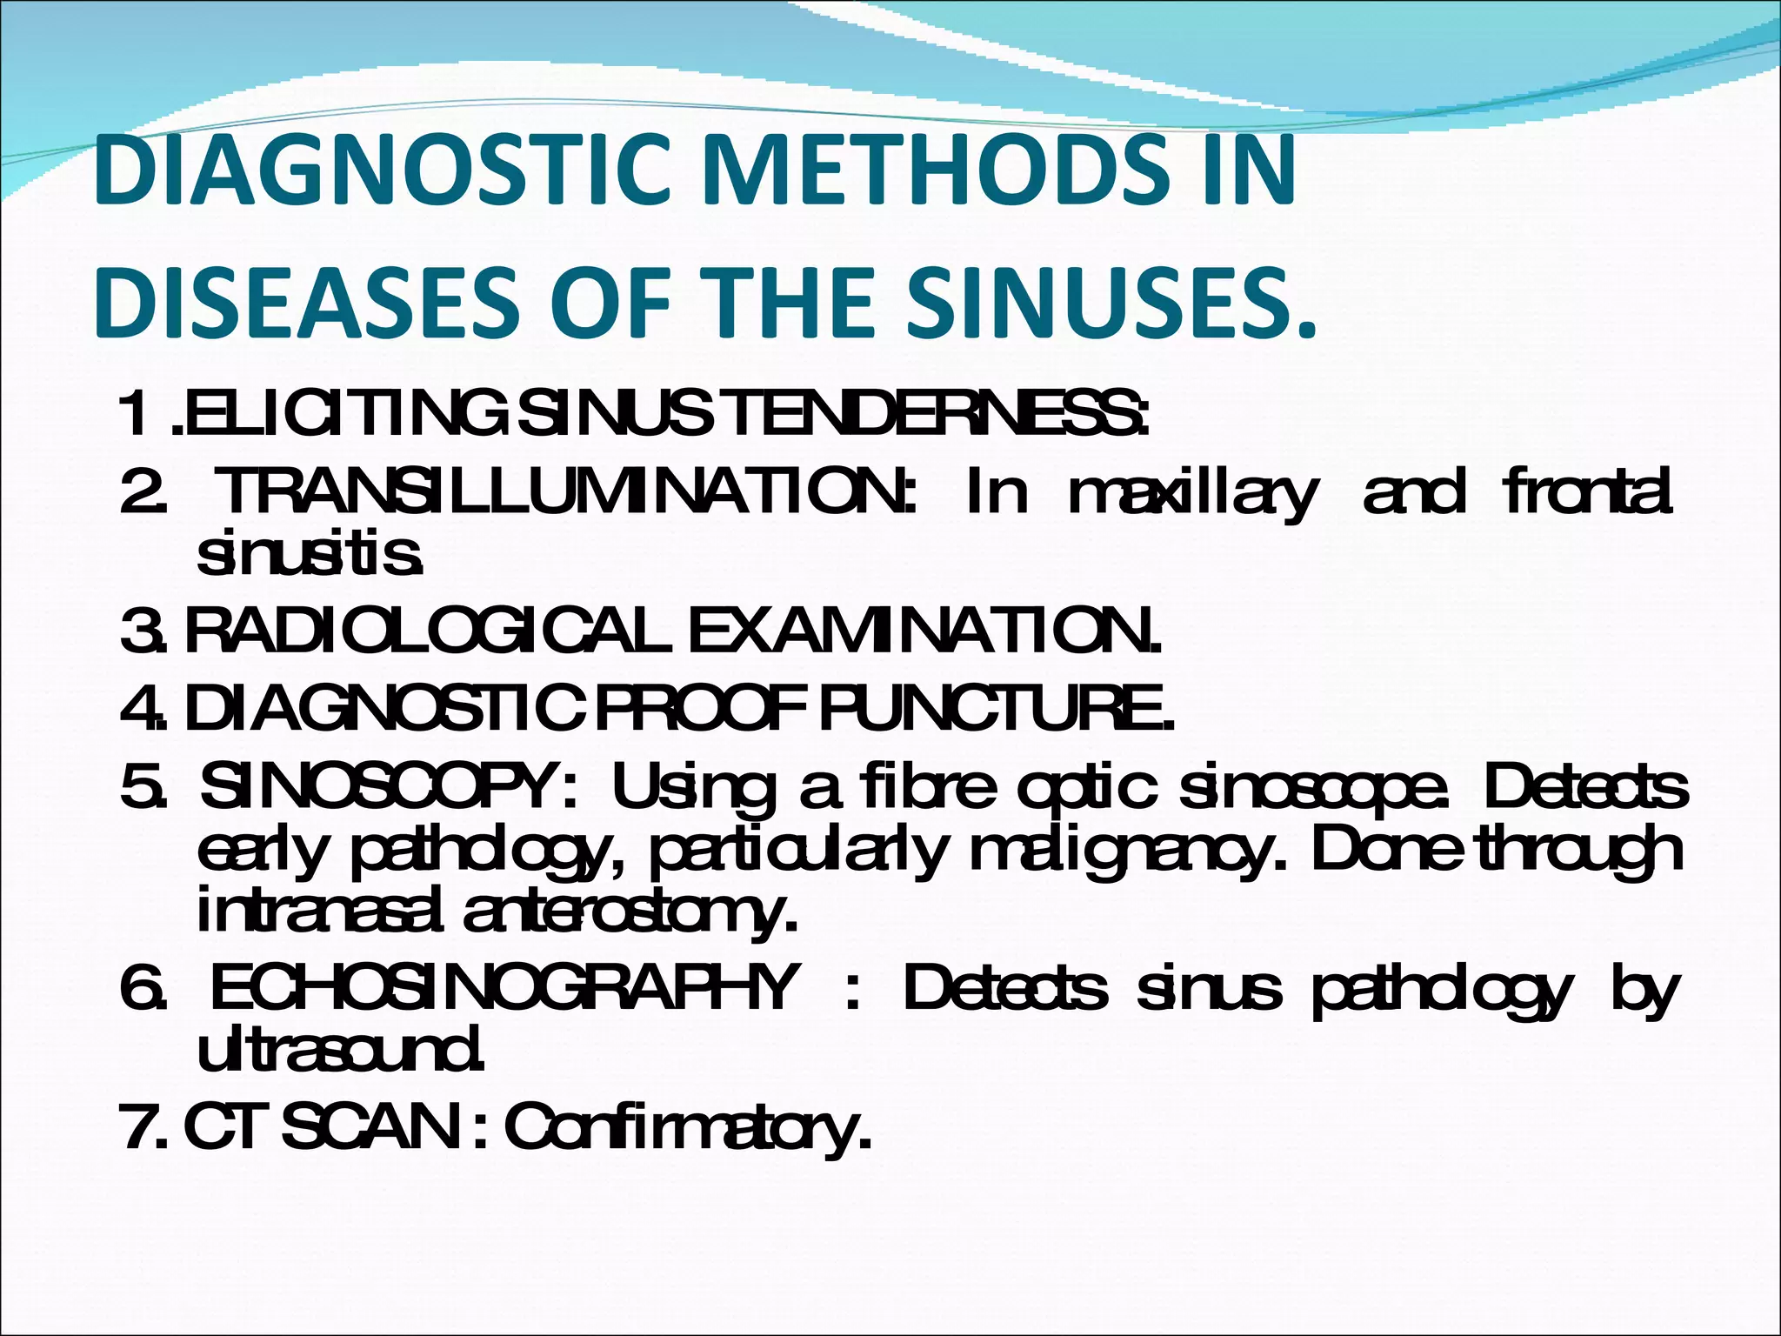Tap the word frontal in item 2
click(x=1587, y=492)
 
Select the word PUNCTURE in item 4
click(x=997, y=709)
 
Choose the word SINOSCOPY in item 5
click(x=388, y=787)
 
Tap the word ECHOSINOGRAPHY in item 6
click(x=504, y=988)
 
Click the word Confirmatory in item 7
click(x=688, y=1129)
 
